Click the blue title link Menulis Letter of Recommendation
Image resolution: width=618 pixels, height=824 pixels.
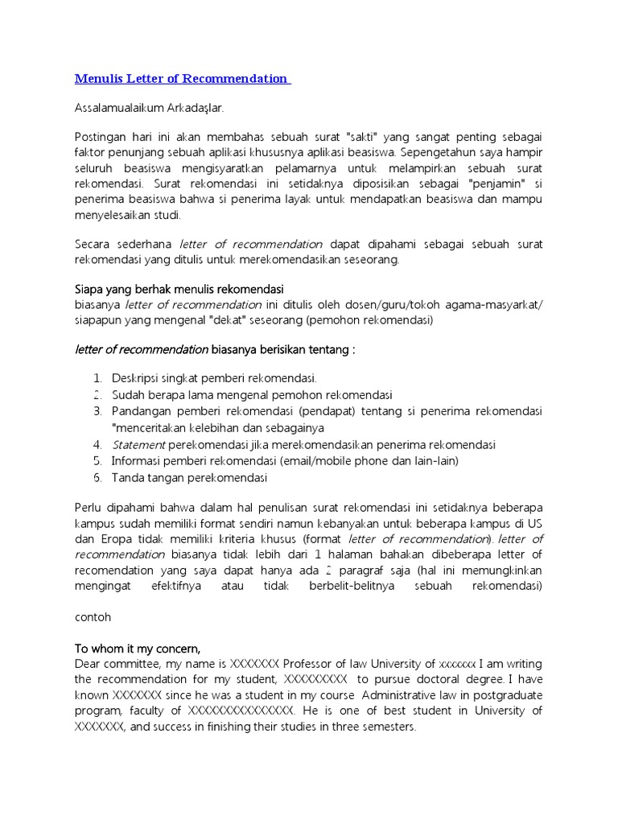tap(182, 78)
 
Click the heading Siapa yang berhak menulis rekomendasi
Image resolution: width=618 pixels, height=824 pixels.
tap(179, 288)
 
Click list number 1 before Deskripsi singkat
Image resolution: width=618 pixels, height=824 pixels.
tap(97, 378)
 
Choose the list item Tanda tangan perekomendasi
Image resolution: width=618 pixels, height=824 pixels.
tap(189, 478)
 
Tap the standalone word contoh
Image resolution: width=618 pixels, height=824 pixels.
tap(93, 617)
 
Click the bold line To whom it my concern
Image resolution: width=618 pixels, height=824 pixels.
tap(137, 648)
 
